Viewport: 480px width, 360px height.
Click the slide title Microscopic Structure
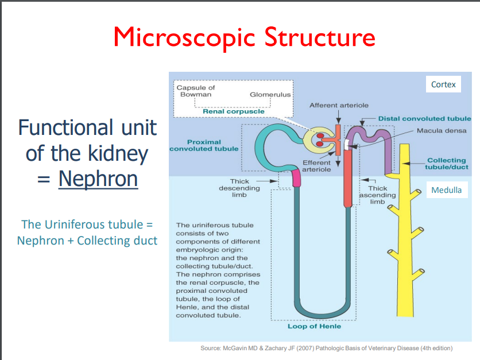click(244, 37)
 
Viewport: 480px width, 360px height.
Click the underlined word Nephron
click(98, 179)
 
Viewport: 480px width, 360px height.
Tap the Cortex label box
click(443, 84)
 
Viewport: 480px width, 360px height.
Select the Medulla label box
click(446, 190)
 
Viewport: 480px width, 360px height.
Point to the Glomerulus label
click(270, 95)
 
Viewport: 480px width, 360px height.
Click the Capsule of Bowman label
click(196, 91)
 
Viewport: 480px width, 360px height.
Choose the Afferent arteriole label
click(339, 105)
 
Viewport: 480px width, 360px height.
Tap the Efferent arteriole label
click(316, 166)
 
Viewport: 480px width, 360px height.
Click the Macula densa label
click(442, 131)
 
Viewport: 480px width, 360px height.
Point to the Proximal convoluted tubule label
click(204, 145)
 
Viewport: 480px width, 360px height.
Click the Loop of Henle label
click(314, 326)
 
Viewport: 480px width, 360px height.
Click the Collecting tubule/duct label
click(447, 164)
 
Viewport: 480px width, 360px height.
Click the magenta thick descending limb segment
click(296, 179)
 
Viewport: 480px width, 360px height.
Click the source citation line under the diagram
click(326, 348)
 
